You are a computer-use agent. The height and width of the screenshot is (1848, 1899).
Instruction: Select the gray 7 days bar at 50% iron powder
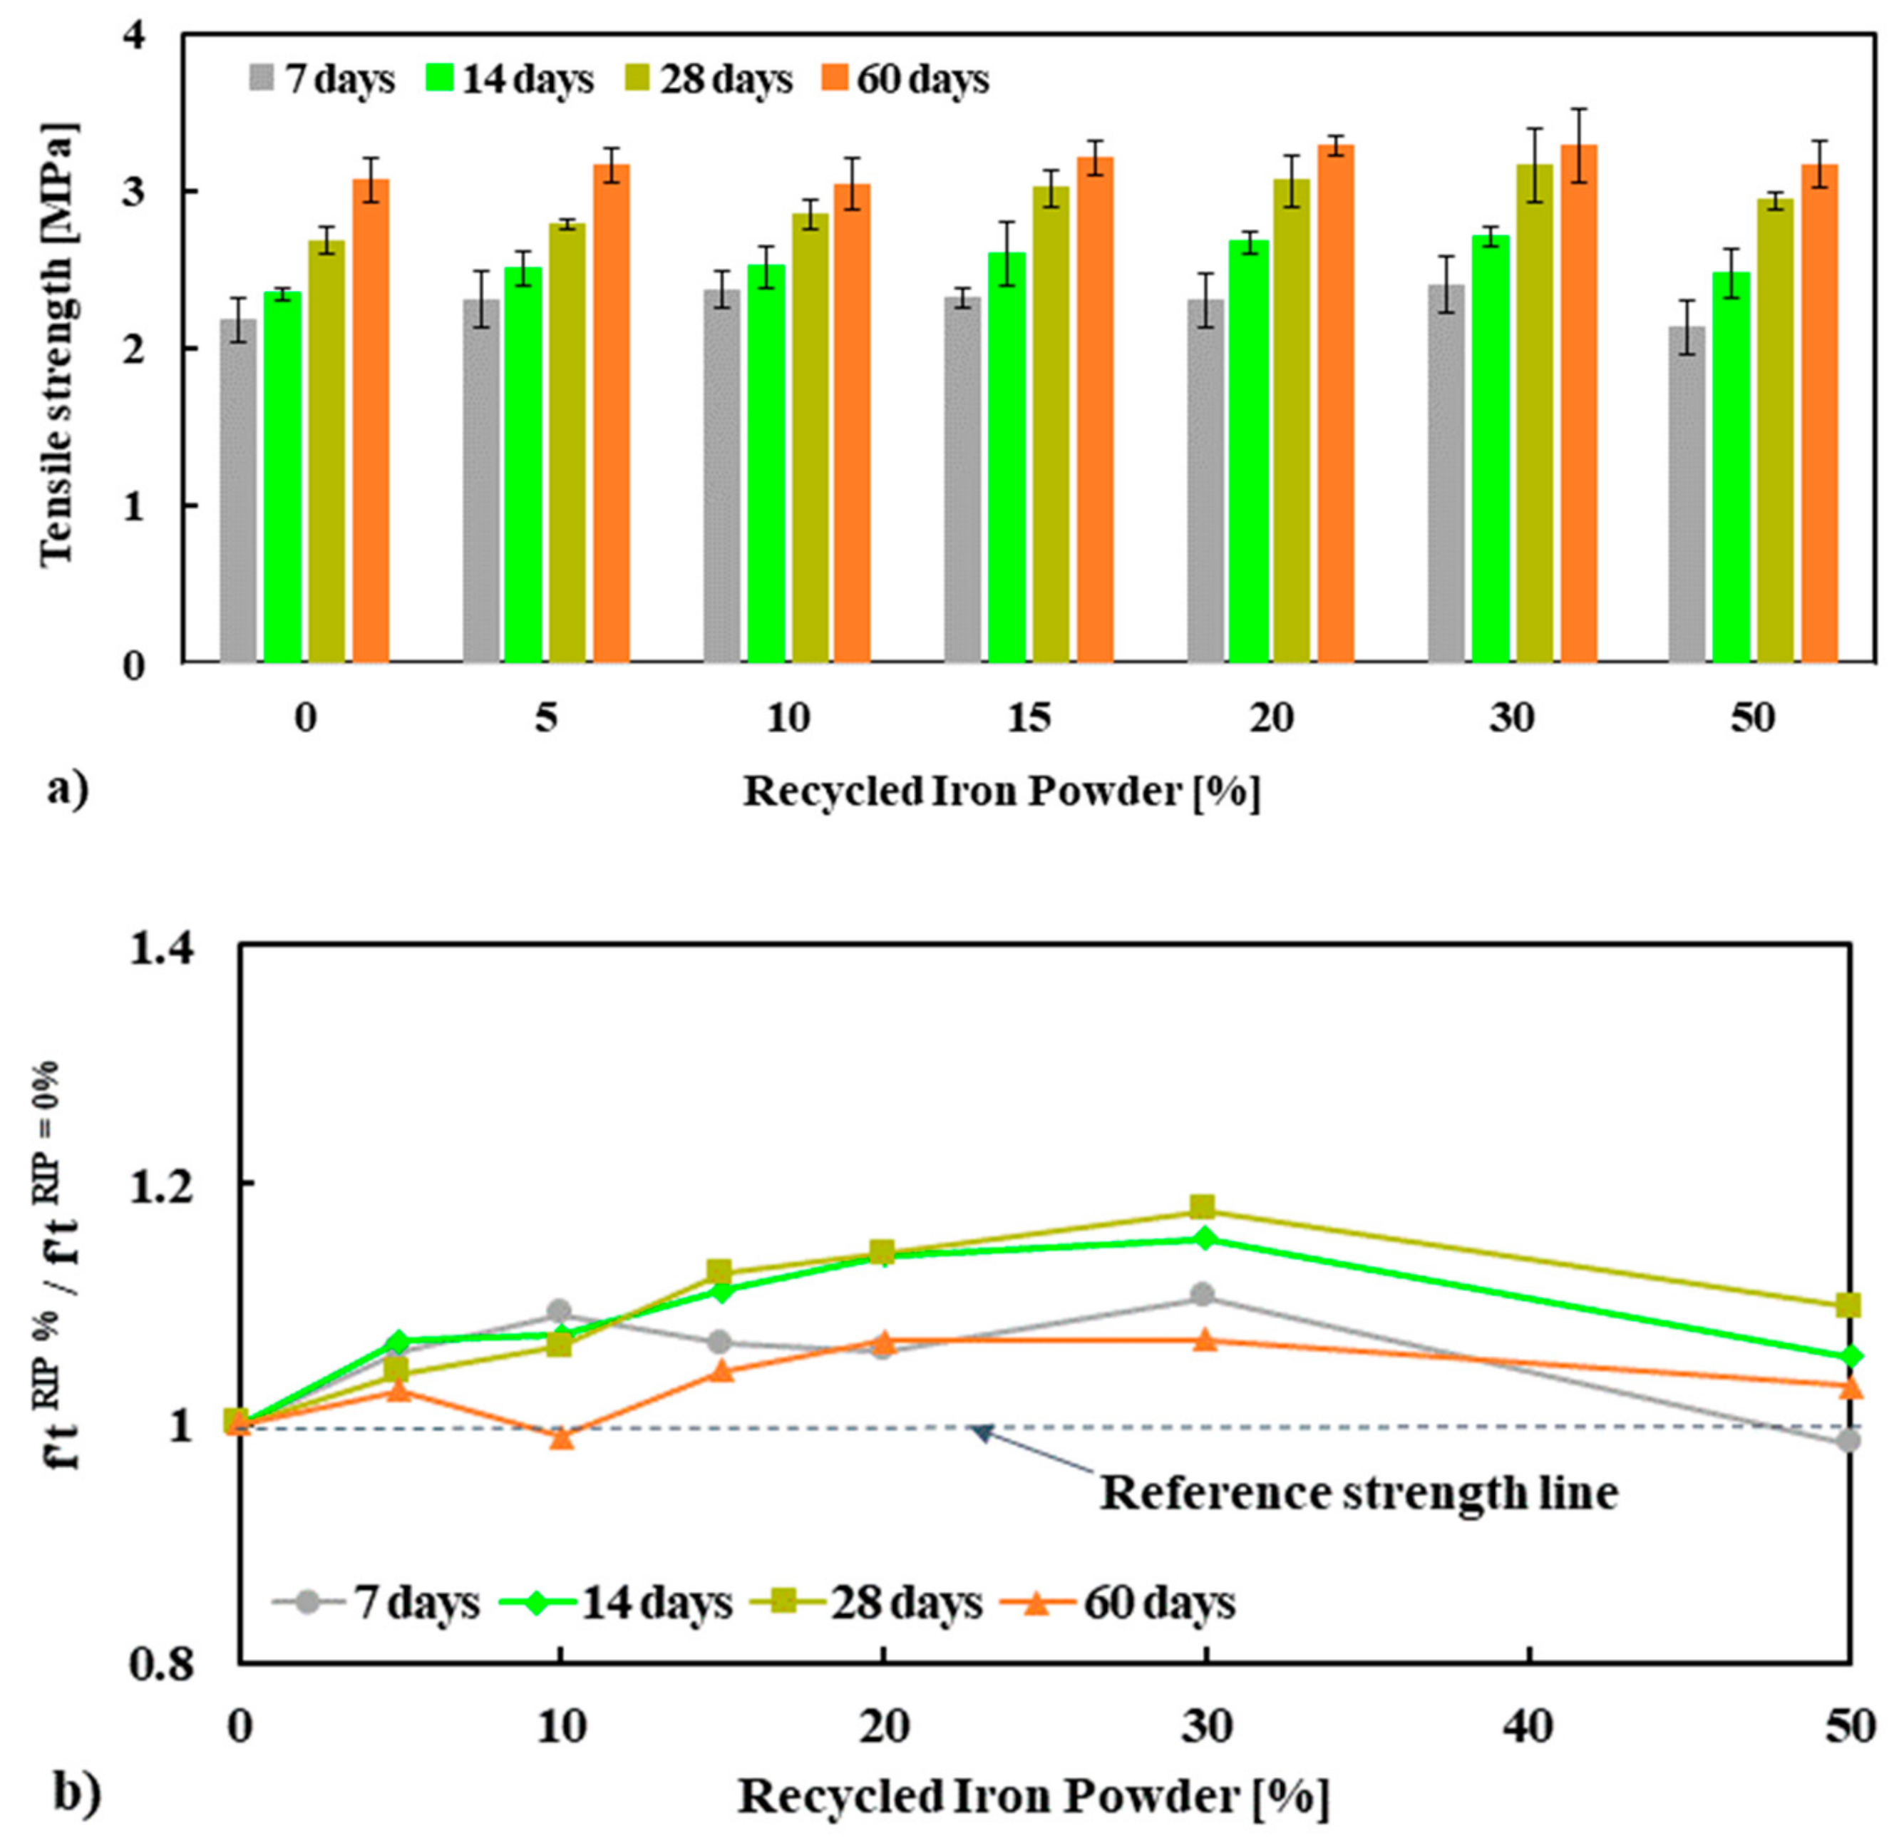[x=1687, y=495]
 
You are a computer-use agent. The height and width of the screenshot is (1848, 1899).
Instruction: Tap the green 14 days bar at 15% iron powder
[x=1007, y=457]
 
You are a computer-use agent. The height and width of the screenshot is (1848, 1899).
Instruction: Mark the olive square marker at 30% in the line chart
[x=1203, y=1208]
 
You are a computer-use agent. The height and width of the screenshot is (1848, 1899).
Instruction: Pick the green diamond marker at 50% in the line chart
[x=1850, y=1356]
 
